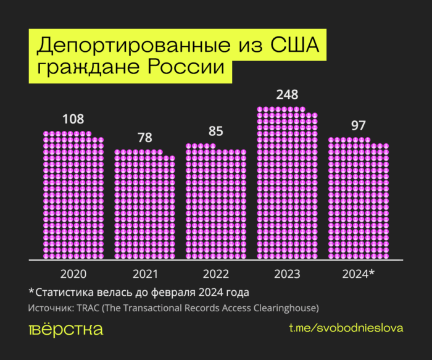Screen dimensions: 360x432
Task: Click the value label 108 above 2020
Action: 73,119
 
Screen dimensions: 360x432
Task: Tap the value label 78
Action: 144,138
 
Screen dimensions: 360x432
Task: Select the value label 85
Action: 215,132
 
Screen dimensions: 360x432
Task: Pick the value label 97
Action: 358,125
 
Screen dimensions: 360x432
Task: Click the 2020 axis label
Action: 73,274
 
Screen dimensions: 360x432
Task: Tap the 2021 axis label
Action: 144,274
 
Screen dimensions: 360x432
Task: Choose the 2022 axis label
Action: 215,274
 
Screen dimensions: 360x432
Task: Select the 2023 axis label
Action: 287,274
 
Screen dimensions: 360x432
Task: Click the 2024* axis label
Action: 358,274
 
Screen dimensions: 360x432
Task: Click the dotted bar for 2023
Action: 287,185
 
